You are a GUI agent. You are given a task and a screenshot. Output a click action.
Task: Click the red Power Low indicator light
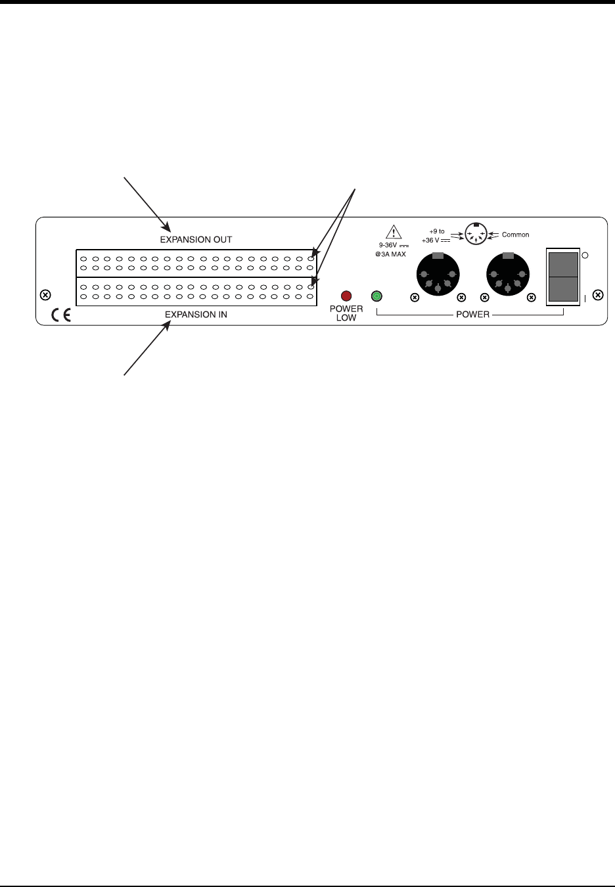tap(346, 296)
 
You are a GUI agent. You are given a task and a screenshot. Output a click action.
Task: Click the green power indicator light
tap(376, 296)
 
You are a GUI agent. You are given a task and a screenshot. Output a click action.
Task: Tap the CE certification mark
tap(62, 316)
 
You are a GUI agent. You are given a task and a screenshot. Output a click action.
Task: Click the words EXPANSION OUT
tap(196, 239)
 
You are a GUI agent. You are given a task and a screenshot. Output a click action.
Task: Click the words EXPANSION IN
tap(196, 315)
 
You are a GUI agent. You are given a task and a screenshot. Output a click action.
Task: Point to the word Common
tap(515, 235)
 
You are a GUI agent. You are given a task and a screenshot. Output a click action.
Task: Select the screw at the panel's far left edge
tap(45, 294)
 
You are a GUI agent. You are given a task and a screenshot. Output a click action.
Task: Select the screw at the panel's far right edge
tap(597, 295)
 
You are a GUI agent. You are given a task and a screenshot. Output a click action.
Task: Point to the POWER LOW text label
tap(346, 313)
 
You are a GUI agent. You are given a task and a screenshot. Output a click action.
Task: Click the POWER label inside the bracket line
tap(472, 315)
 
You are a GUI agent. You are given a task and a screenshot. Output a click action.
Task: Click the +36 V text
tap(434, 240)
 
